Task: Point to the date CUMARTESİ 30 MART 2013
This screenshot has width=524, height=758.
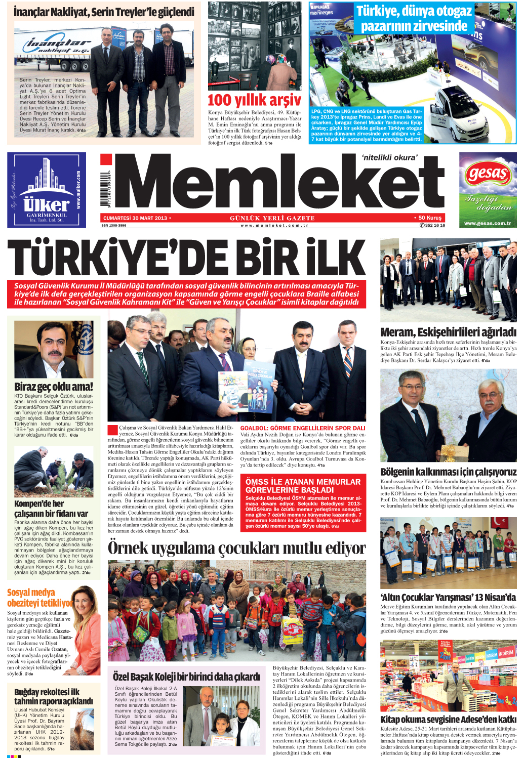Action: tap(136, 218)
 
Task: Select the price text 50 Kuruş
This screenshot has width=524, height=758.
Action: tap(430, 218)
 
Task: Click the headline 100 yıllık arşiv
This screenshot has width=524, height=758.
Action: tap(254, 100)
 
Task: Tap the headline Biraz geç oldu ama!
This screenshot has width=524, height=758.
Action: tap(54, 387)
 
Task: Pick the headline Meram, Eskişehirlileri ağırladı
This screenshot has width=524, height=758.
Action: tap(448, 332)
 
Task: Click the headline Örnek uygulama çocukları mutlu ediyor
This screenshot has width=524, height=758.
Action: tap(236, 548)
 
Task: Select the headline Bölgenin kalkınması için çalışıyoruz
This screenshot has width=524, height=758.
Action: tap(448, 472)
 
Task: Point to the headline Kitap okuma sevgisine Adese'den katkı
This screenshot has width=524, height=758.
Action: tap(448, 719)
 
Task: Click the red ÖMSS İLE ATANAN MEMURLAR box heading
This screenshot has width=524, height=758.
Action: tap(303, 486)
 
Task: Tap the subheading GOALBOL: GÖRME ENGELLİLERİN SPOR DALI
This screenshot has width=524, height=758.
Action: tap(302, 428)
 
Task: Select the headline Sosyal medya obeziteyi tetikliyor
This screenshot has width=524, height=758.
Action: tap(39, 598)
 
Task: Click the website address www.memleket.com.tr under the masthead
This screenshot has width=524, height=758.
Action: tap(274, 225)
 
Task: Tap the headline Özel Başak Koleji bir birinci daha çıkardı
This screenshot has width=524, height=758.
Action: tap(186, 677)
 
